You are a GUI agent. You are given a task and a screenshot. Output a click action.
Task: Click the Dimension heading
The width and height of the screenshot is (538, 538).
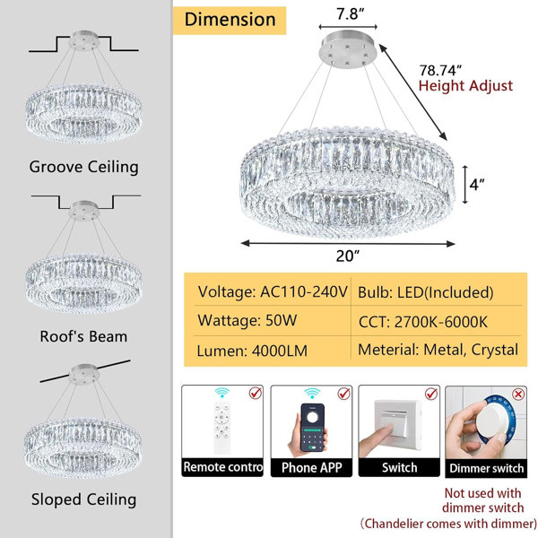coord(230,20)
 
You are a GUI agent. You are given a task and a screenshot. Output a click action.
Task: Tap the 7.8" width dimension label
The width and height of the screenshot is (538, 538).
coord(350,13)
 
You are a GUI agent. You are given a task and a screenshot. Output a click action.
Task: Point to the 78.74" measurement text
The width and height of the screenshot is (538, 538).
coord(440,70)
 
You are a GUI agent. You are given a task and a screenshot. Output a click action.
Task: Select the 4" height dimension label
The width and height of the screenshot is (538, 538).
coord(477,185)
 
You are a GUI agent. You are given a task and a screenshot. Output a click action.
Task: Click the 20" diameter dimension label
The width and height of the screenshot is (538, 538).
coord(348,256)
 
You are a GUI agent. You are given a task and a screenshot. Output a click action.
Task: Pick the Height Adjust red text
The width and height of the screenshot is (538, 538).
coord(465,86)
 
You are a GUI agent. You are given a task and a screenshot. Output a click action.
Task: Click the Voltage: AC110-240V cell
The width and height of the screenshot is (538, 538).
coord(273,292)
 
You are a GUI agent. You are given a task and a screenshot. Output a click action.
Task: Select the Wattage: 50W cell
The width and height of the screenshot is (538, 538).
coord(247,321)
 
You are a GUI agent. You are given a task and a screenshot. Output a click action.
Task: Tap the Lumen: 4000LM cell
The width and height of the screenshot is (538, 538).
coord(252,351)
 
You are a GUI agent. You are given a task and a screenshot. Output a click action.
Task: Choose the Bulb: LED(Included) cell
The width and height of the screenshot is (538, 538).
coord(425,292)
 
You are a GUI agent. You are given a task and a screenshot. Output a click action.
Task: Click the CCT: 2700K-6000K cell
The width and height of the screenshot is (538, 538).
coord(422,322)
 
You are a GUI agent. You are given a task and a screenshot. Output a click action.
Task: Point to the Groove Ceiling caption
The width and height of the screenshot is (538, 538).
coord(83,167)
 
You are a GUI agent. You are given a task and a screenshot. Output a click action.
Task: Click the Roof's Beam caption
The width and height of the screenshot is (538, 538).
coord(83,336)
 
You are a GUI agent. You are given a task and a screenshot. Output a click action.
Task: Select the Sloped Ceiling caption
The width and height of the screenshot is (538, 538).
coord(83,499)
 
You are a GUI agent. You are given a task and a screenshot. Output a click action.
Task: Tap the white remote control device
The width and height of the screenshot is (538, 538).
coord(222,428)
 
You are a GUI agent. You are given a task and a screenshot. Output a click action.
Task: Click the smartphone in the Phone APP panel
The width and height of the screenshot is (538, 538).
coord(312,428)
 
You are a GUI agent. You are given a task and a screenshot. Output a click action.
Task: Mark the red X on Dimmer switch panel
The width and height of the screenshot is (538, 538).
coord(518,395)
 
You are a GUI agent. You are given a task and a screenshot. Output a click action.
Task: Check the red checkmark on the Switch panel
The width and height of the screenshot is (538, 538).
coord(431,394)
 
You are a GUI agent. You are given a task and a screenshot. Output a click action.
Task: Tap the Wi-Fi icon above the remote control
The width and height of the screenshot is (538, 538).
coord(222,392)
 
